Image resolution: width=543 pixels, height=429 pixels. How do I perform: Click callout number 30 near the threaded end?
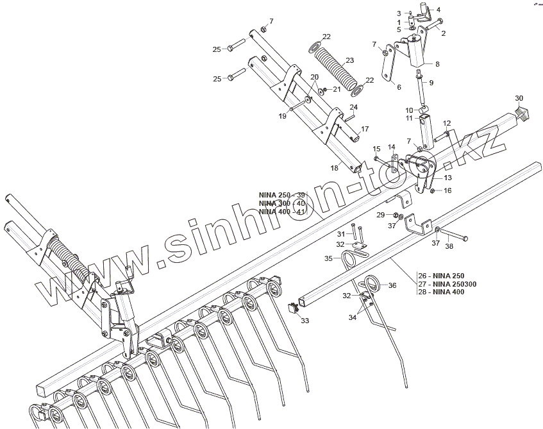pos(519,98)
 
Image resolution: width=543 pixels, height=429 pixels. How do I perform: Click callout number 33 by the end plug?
pos(305,320)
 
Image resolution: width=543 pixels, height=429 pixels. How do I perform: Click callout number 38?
pos(449,246)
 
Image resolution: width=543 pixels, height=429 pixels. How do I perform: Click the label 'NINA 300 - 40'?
pos(282,203)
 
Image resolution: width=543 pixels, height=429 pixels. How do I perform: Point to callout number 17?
pos(365,129)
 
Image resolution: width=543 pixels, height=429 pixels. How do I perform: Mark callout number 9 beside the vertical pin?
pos(431,83)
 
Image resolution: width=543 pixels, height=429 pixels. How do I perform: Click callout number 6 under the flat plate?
pos(398,87)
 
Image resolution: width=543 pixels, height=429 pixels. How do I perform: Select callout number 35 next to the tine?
pos(328,258)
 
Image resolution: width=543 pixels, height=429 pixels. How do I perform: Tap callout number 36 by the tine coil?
pos(392,286)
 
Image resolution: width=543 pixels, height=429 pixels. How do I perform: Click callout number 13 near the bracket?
pos(447,178)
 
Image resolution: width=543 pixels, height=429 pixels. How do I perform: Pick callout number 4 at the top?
pos(439,10)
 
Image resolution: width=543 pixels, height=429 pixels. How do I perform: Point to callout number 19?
pos(282,116)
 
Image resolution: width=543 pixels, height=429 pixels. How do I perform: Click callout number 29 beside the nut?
pos(380,214)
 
